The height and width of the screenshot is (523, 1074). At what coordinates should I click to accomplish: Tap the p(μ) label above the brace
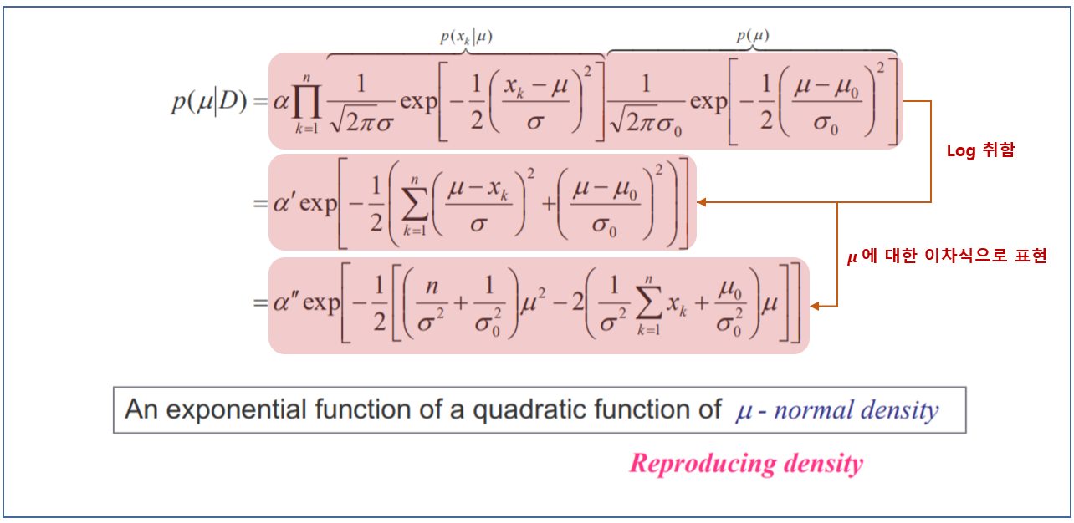(753, 35)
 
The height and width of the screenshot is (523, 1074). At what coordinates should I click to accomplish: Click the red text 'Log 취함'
(980, 151)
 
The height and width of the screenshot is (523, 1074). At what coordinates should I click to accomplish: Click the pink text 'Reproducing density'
(746, 463)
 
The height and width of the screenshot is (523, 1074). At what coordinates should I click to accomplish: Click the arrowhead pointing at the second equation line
(703, 202)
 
